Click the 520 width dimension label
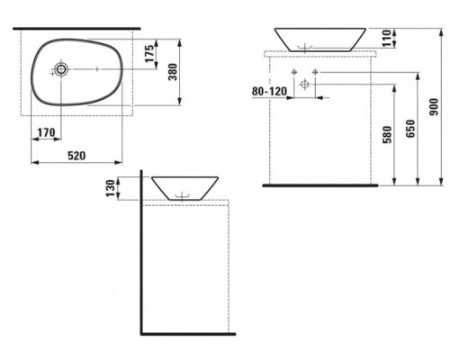[x=76, y=156]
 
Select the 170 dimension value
[x=46, y=132]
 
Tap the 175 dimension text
[x=151, y=52]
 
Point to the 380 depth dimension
[x=173, y=72]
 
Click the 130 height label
[x=111, y=188]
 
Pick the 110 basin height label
[x=387, y=38]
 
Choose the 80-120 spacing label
[x=269, y=91]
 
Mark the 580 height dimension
[x=388, y=135]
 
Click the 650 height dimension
[x=410, y=129]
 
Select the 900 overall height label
[x=434, y=107]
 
